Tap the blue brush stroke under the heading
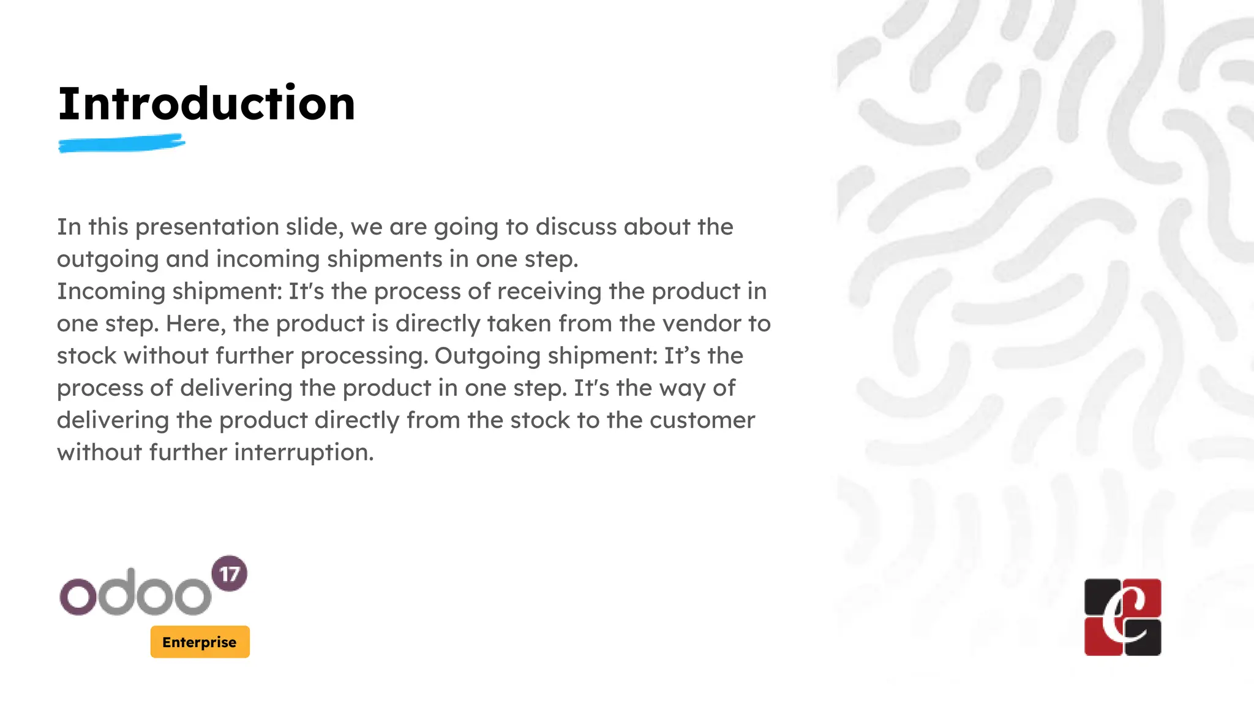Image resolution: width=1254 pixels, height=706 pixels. click(x=121, y=144)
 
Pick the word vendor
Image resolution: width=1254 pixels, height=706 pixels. click(x=702, y=324)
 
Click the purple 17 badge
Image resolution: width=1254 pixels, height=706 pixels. click(x=229, y=574)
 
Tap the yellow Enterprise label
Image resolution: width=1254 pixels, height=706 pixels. click(x=200, y=642)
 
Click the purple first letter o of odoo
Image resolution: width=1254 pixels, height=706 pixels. click(x=78, y=596)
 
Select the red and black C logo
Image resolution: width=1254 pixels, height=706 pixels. click(x=1122, y=617)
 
